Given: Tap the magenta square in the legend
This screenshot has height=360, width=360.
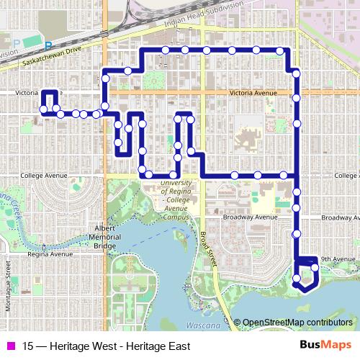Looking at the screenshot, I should click(10, 346).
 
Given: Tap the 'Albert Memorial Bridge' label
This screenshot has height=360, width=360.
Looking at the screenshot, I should click(101, 238).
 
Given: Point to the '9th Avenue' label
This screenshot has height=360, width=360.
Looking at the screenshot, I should click(336, 259).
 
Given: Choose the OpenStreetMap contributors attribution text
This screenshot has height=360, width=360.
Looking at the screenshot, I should click(297, 322).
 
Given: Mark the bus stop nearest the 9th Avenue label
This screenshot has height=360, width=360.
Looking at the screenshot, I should click(315, 268).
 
